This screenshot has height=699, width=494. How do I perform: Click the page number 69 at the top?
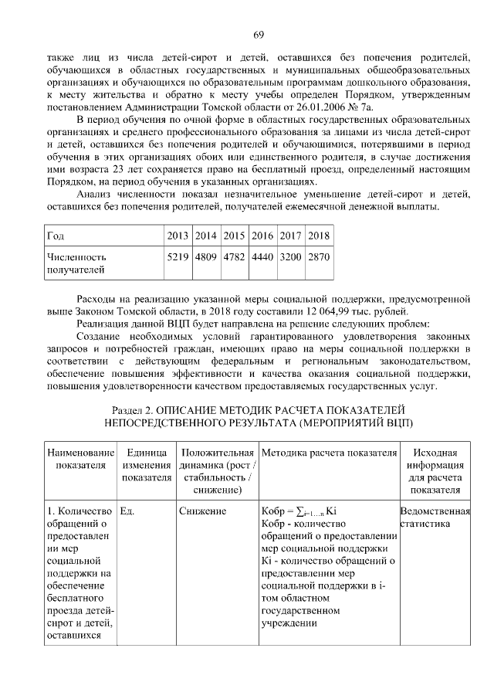coord(259,33)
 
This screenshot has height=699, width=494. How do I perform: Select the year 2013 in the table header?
coord(178,235)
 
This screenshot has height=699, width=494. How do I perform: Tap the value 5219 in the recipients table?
coord(178,256)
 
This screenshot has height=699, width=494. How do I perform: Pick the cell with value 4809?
coord(206,256)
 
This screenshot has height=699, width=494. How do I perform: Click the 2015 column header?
coord(234,235)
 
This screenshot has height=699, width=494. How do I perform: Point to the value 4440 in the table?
coord(262,256)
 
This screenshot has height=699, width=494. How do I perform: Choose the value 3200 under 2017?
coord(290,256)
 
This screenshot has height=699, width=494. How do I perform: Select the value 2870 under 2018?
coord(318,256)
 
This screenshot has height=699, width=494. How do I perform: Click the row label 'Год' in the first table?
coord(55,235)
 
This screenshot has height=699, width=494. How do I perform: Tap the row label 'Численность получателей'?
coord(77,263)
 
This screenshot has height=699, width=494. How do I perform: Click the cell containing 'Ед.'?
coord(128,511)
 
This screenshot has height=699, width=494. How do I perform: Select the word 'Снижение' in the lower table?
coord(203,511)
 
